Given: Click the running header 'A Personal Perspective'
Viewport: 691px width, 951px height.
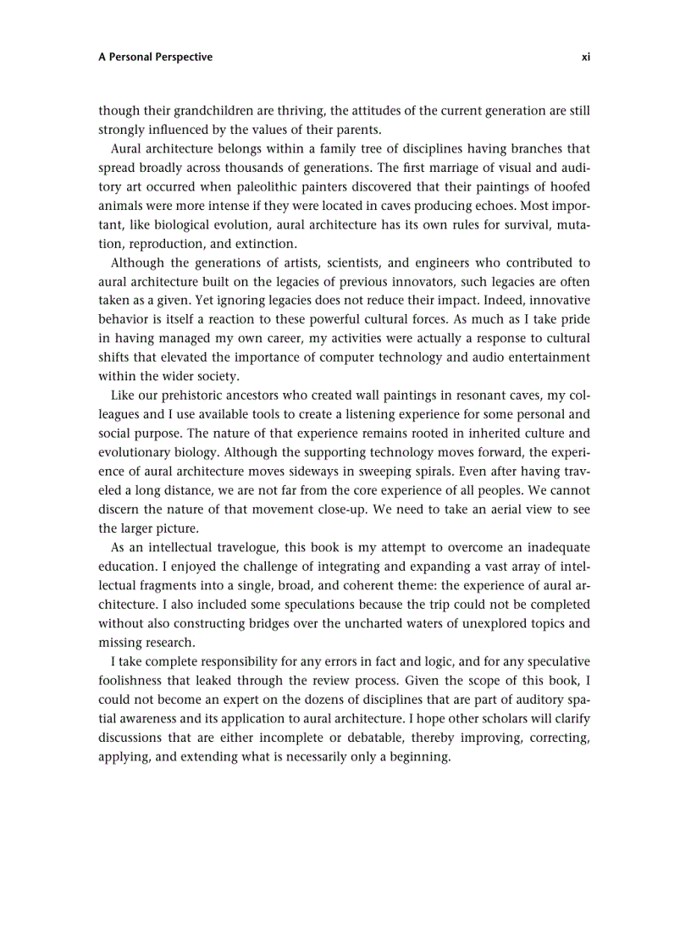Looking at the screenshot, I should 155,58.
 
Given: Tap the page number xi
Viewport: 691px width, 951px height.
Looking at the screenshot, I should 585,58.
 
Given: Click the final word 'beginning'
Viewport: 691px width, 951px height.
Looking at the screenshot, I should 420,757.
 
